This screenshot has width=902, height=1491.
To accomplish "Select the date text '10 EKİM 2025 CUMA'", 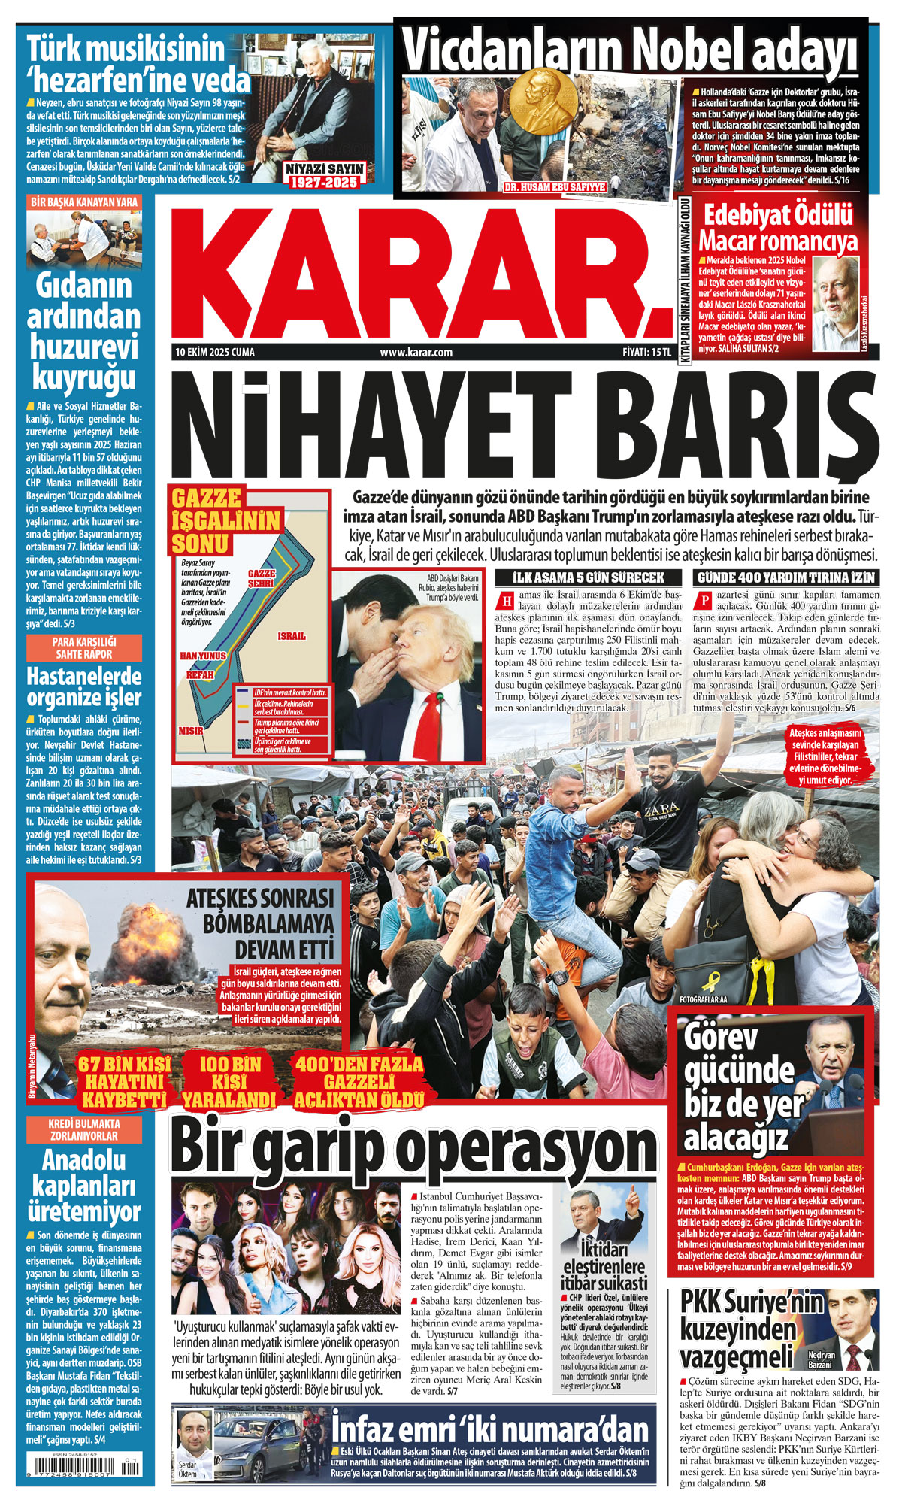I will pyautogui.click(x=215, y=352).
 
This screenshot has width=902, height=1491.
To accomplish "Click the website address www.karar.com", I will pyautogui.click(x=416, y=352).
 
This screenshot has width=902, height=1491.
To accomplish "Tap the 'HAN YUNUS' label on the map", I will pyautogui.click(x=202, y=656).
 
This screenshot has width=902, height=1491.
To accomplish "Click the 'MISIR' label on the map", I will pyautogui.click(x=191, y=730).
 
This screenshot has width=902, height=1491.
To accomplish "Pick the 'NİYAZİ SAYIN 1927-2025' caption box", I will pyautogui.click(x=324, y=174).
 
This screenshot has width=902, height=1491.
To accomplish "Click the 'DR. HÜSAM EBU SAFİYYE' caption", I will pyautogui.click(x=555, y=186).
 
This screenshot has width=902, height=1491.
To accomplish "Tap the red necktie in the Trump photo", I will pyautogui.click(x=430, y=726).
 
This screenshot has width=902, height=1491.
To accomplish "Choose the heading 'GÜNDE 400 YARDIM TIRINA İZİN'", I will pyautogui.click(x=785, y=577).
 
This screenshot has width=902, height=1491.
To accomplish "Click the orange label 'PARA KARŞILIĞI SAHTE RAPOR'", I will pyautogui.click(x=84, y=647).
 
